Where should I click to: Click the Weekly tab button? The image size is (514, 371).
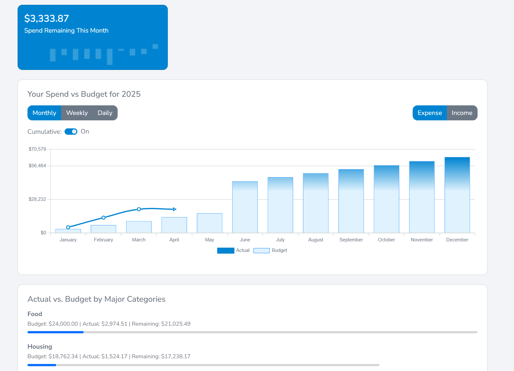pyautogui.click(x=77, y=113)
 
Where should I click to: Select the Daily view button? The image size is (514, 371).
pyautogui.click(x=105, y=113)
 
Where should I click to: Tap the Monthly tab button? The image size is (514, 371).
pyautogui.click(x=44, y=113)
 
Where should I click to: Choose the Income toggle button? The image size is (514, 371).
pyautogui.click(x=462, y=113)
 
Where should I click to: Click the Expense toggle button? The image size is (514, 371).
pyautogui.click(x=430, y=113)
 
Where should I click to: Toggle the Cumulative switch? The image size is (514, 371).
pyautogui.click(x=71, y=132)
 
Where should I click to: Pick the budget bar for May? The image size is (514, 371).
pyautogui.click(x=210, y=223)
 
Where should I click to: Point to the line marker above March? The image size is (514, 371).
pyautogui.click(x=139, y=209)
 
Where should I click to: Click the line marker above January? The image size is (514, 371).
pyautogui.click(x=68, y=227)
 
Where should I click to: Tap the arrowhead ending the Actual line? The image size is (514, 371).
pyautogui.click(x=175, y=209)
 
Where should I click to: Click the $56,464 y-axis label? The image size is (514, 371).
pyautogui.click(x=37, y=166)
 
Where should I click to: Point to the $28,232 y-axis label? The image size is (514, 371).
pyautogui.click(x=37, y=199)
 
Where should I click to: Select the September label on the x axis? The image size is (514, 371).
pyautogui.click(x=351, y=240)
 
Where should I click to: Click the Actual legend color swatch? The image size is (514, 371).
pyautogui.click(x=226, y=251)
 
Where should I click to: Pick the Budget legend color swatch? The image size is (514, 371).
pyautogui.click(x=261, y=251)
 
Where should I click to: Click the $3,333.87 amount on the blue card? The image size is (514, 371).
pyautogui.click(x=47, y=19)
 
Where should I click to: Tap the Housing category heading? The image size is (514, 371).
pyautogui.click(x=40, y=346)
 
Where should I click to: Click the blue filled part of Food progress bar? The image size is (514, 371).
pyautogui.click(x=55, y=332)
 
